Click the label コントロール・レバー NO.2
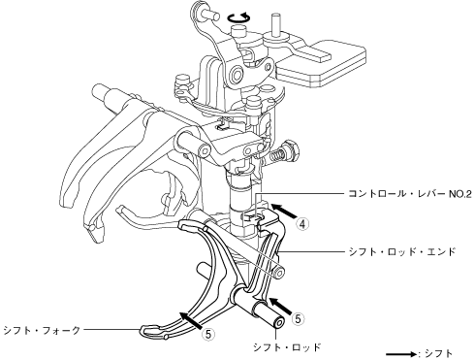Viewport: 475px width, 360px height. coord(410,194)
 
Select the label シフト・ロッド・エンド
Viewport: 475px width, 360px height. coord(401,251)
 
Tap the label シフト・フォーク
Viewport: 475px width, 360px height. coord(42,330)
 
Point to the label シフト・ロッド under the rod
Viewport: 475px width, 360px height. coord(287,347)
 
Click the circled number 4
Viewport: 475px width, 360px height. coord(302,224)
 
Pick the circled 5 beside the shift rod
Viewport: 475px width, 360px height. coord(298,319)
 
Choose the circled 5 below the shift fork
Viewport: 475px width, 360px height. coord(208,334)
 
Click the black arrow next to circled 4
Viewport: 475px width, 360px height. coord(284,211)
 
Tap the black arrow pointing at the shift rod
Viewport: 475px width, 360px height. coord(281,306)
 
